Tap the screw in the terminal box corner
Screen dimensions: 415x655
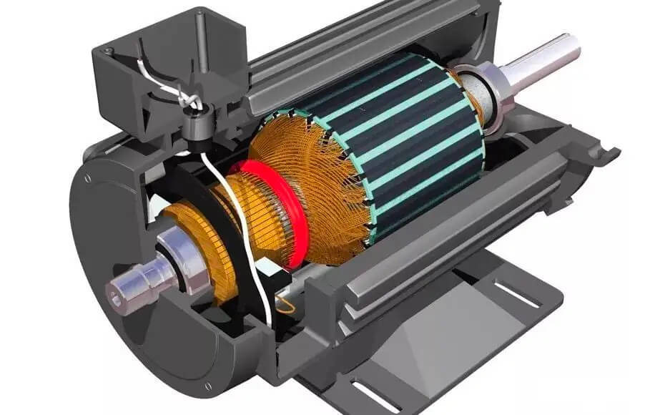[x=108, y=51]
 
